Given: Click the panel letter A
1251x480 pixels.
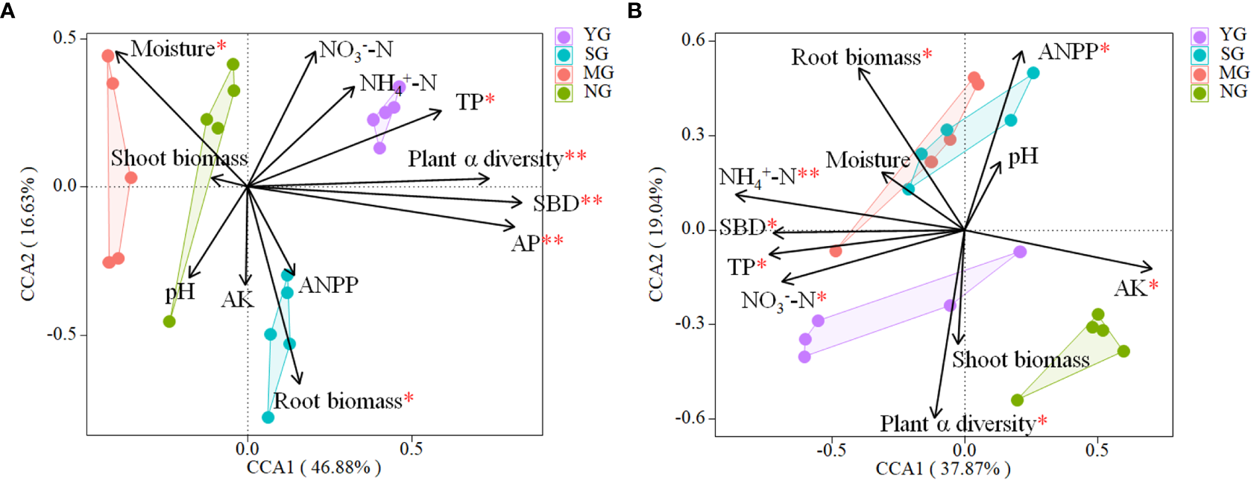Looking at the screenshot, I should [7, 10].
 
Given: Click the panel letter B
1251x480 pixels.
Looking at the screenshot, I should [634, 10].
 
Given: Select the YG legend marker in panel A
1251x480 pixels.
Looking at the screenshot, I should [564, 37].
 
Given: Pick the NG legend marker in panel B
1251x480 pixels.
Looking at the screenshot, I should [1200, 93].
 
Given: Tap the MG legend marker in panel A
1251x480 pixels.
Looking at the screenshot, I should [564, 74].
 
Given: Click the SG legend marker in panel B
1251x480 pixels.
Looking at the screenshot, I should [1200, 55].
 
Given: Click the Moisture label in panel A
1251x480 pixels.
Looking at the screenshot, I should [173, 48].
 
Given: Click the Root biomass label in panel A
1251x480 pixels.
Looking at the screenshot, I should [337, 401].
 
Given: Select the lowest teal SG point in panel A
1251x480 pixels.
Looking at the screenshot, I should [268, 417].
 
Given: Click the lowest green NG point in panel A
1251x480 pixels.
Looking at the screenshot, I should [169, 322].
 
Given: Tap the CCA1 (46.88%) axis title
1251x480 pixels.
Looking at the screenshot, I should [314, 467].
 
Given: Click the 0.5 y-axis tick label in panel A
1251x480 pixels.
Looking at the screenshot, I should [65, 37].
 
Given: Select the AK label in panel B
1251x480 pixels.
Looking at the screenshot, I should [1130, 288].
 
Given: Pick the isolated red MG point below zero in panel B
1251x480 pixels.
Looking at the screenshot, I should [836, 251].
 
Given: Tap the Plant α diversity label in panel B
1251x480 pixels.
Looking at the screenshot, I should [957, 423].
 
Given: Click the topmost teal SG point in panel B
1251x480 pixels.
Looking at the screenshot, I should [1033, 73].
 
